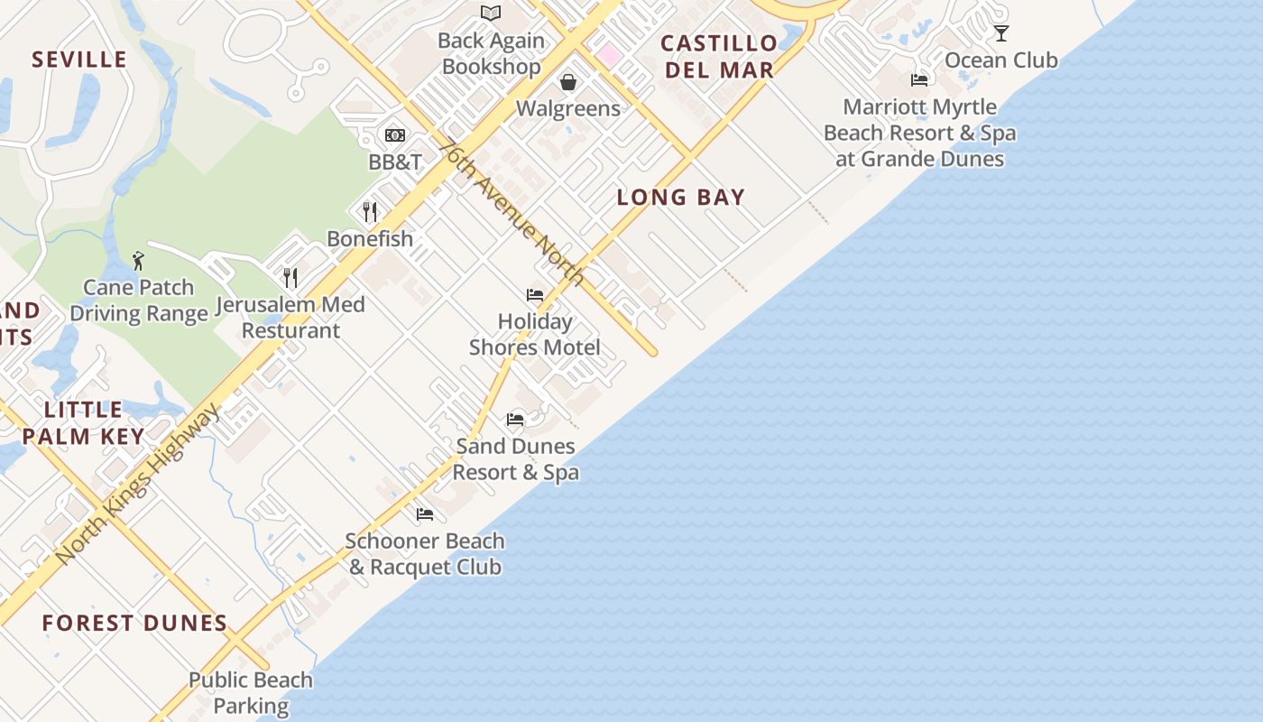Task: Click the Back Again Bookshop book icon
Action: [491, 13]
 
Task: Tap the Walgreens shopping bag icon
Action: [568, 82]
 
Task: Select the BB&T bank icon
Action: [395, 135]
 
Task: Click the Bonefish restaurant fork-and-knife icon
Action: [370, 212]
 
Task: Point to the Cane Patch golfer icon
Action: [138, 261]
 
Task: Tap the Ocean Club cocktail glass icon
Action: [1001, 33]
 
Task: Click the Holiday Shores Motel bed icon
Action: [535, 295]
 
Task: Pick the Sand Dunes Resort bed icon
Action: [515, 420]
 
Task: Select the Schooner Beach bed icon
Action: [425, 514]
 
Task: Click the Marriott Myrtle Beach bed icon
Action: [919, 80]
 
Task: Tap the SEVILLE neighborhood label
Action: [79, 60]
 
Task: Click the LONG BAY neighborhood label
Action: [681, 198]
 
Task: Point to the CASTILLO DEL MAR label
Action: [718, 56]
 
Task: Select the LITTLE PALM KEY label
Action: [83, 423]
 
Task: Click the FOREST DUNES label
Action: [134, 623]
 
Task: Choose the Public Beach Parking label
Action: [251, 692]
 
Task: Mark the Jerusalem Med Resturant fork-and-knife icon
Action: [290, 277]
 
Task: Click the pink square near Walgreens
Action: [609, 55]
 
